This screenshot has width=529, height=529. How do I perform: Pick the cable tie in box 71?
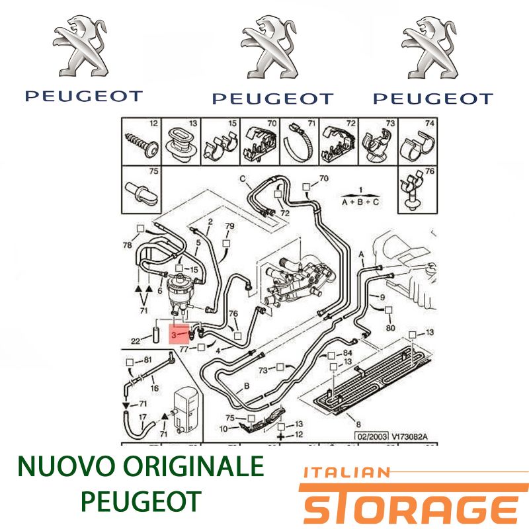(299, 143)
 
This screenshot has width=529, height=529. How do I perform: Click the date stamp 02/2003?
(372, 436)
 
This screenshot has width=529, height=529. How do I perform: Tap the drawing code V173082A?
(409, 436)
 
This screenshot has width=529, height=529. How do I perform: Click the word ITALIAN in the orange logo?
(346, 472)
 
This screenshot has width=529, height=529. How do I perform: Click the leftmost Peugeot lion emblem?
(81, 46)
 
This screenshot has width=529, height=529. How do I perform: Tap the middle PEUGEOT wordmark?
(272, 99)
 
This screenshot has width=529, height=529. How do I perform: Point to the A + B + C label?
(360, 202)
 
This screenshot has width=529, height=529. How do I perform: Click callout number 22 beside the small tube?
(136, 341)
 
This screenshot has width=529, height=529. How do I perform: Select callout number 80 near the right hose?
(390, 327)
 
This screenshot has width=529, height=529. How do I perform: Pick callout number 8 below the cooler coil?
(358, 424)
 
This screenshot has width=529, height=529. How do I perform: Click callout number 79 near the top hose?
(229, 225)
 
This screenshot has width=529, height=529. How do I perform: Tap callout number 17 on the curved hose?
(142, 417)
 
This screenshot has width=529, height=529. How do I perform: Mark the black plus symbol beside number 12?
(280, 436)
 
